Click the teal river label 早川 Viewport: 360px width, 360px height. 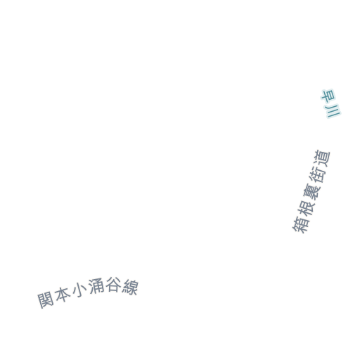point(330,103)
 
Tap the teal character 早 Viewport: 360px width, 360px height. point(328,96)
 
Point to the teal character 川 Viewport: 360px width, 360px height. point(333,111)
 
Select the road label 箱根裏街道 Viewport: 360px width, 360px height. point(311,191)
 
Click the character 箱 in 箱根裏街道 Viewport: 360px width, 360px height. point(301,224)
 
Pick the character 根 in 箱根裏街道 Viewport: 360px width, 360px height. point(306,207)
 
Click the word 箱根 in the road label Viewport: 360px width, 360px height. point(303,216)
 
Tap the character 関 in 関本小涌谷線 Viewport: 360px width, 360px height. point(46,300)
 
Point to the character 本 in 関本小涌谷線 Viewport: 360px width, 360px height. point(63,296)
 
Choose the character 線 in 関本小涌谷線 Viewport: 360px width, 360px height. point(130,286)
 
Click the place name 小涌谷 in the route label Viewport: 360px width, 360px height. point(96,289)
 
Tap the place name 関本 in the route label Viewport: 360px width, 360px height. point(54,298)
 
